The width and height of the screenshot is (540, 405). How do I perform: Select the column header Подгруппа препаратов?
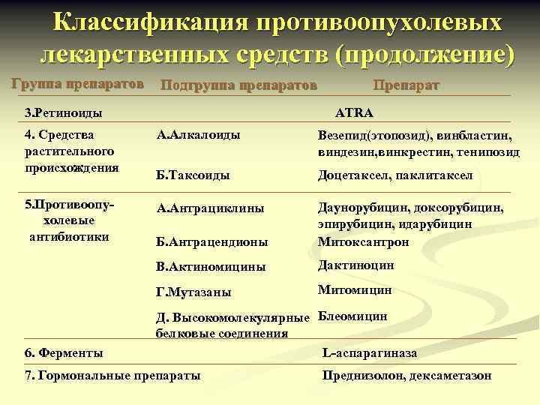(238, 85)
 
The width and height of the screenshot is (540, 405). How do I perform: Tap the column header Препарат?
(406, 85)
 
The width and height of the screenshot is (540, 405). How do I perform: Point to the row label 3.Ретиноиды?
(63, 113)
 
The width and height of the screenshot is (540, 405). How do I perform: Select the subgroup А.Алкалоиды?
(198, 135)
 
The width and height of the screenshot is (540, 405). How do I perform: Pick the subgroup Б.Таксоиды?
(193, 175)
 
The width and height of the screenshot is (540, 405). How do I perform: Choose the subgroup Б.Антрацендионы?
(212, 241)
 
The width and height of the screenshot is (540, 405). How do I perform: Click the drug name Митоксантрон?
(364, 241)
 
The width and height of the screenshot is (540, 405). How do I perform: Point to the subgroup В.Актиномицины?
(211, 266)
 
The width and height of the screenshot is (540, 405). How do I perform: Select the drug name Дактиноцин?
(355, 265)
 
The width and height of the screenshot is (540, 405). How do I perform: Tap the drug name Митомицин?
(355, 289)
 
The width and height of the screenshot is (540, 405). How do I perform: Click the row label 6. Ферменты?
(64, 352)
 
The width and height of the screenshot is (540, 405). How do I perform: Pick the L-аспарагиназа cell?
(369, 352)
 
